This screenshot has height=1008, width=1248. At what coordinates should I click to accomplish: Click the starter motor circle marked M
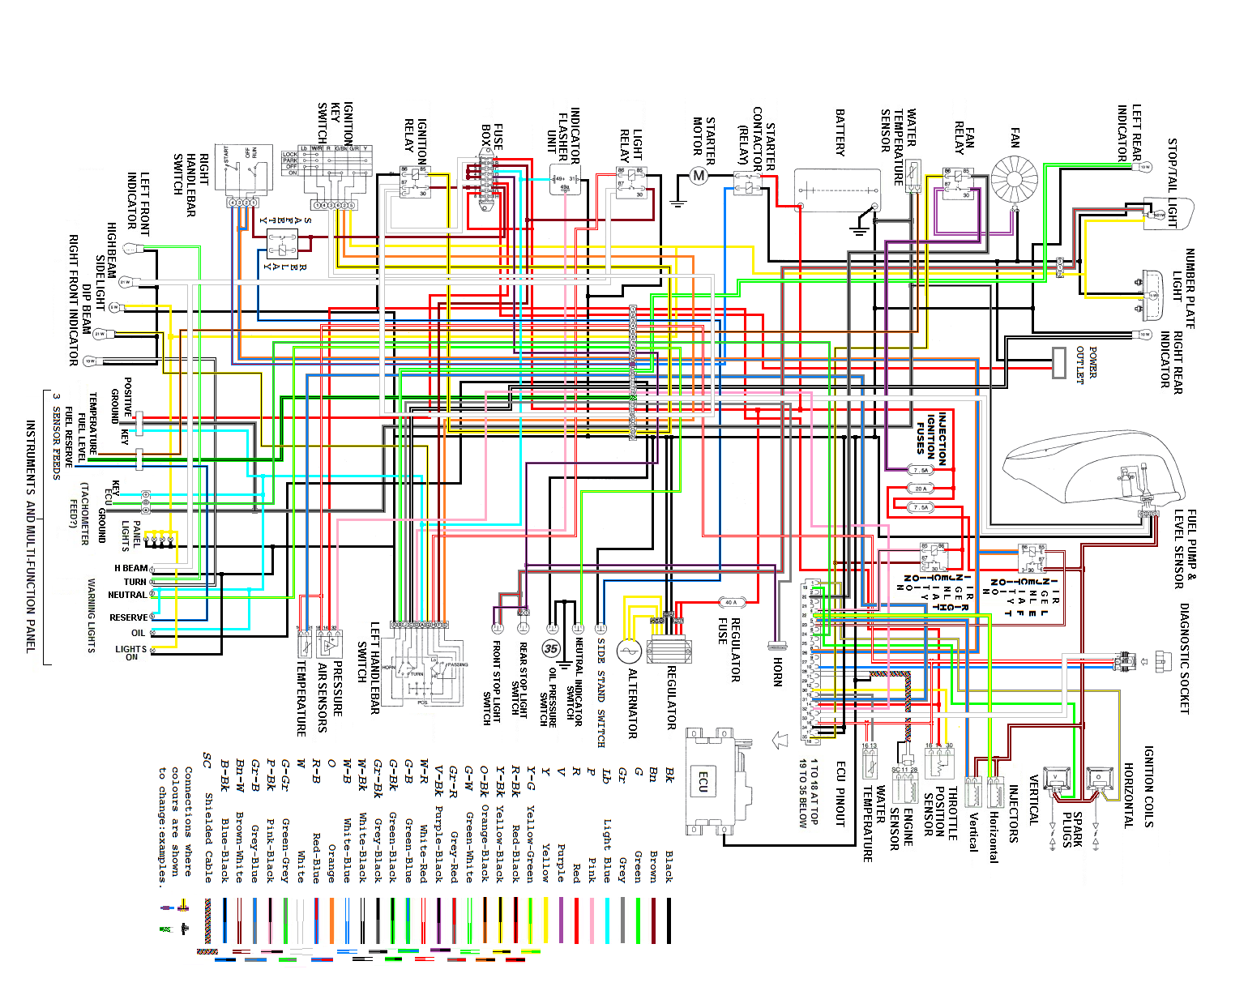point(699,175)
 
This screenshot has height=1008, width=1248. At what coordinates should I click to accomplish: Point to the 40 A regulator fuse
point(731,602)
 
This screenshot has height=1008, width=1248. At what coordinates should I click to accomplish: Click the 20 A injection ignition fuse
point(921,489)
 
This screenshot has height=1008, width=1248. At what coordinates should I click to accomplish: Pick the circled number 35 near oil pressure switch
point(552,648)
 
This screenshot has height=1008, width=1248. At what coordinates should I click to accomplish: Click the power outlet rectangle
point(1059,362)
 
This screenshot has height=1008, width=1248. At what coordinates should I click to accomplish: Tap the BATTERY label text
point(840,133)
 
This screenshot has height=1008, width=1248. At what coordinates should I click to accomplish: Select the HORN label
point(778,672)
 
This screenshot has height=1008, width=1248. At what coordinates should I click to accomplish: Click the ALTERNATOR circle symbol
point(629,651)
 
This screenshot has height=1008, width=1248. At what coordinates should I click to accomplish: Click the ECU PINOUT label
point(841,794)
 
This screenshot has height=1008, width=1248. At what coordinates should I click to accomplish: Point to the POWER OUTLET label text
point(1086,365)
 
